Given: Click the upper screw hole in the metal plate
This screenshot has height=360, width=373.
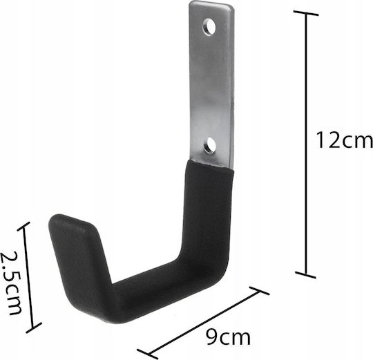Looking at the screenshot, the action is tap(209, 27).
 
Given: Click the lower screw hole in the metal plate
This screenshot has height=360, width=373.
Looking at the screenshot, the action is tap(210, 145).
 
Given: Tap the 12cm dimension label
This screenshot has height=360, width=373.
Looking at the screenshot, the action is tap(344, 140).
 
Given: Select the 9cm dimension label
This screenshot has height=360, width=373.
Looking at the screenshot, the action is tap(228, 337).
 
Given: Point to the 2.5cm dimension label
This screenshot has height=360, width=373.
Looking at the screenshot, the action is tap(10, 283).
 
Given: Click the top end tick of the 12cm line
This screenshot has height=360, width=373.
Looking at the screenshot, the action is tap(306, 13).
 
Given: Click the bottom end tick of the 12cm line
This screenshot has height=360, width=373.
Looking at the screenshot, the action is tap(305, 274).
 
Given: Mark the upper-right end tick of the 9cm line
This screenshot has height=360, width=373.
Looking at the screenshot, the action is tap(259, 290).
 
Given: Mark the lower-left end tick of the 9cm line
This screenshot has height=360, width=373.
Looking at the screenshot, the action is tap(147, 354).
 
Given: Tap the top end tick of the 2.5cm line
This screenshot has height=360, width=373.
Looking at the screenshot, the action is tap(23, 226).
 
